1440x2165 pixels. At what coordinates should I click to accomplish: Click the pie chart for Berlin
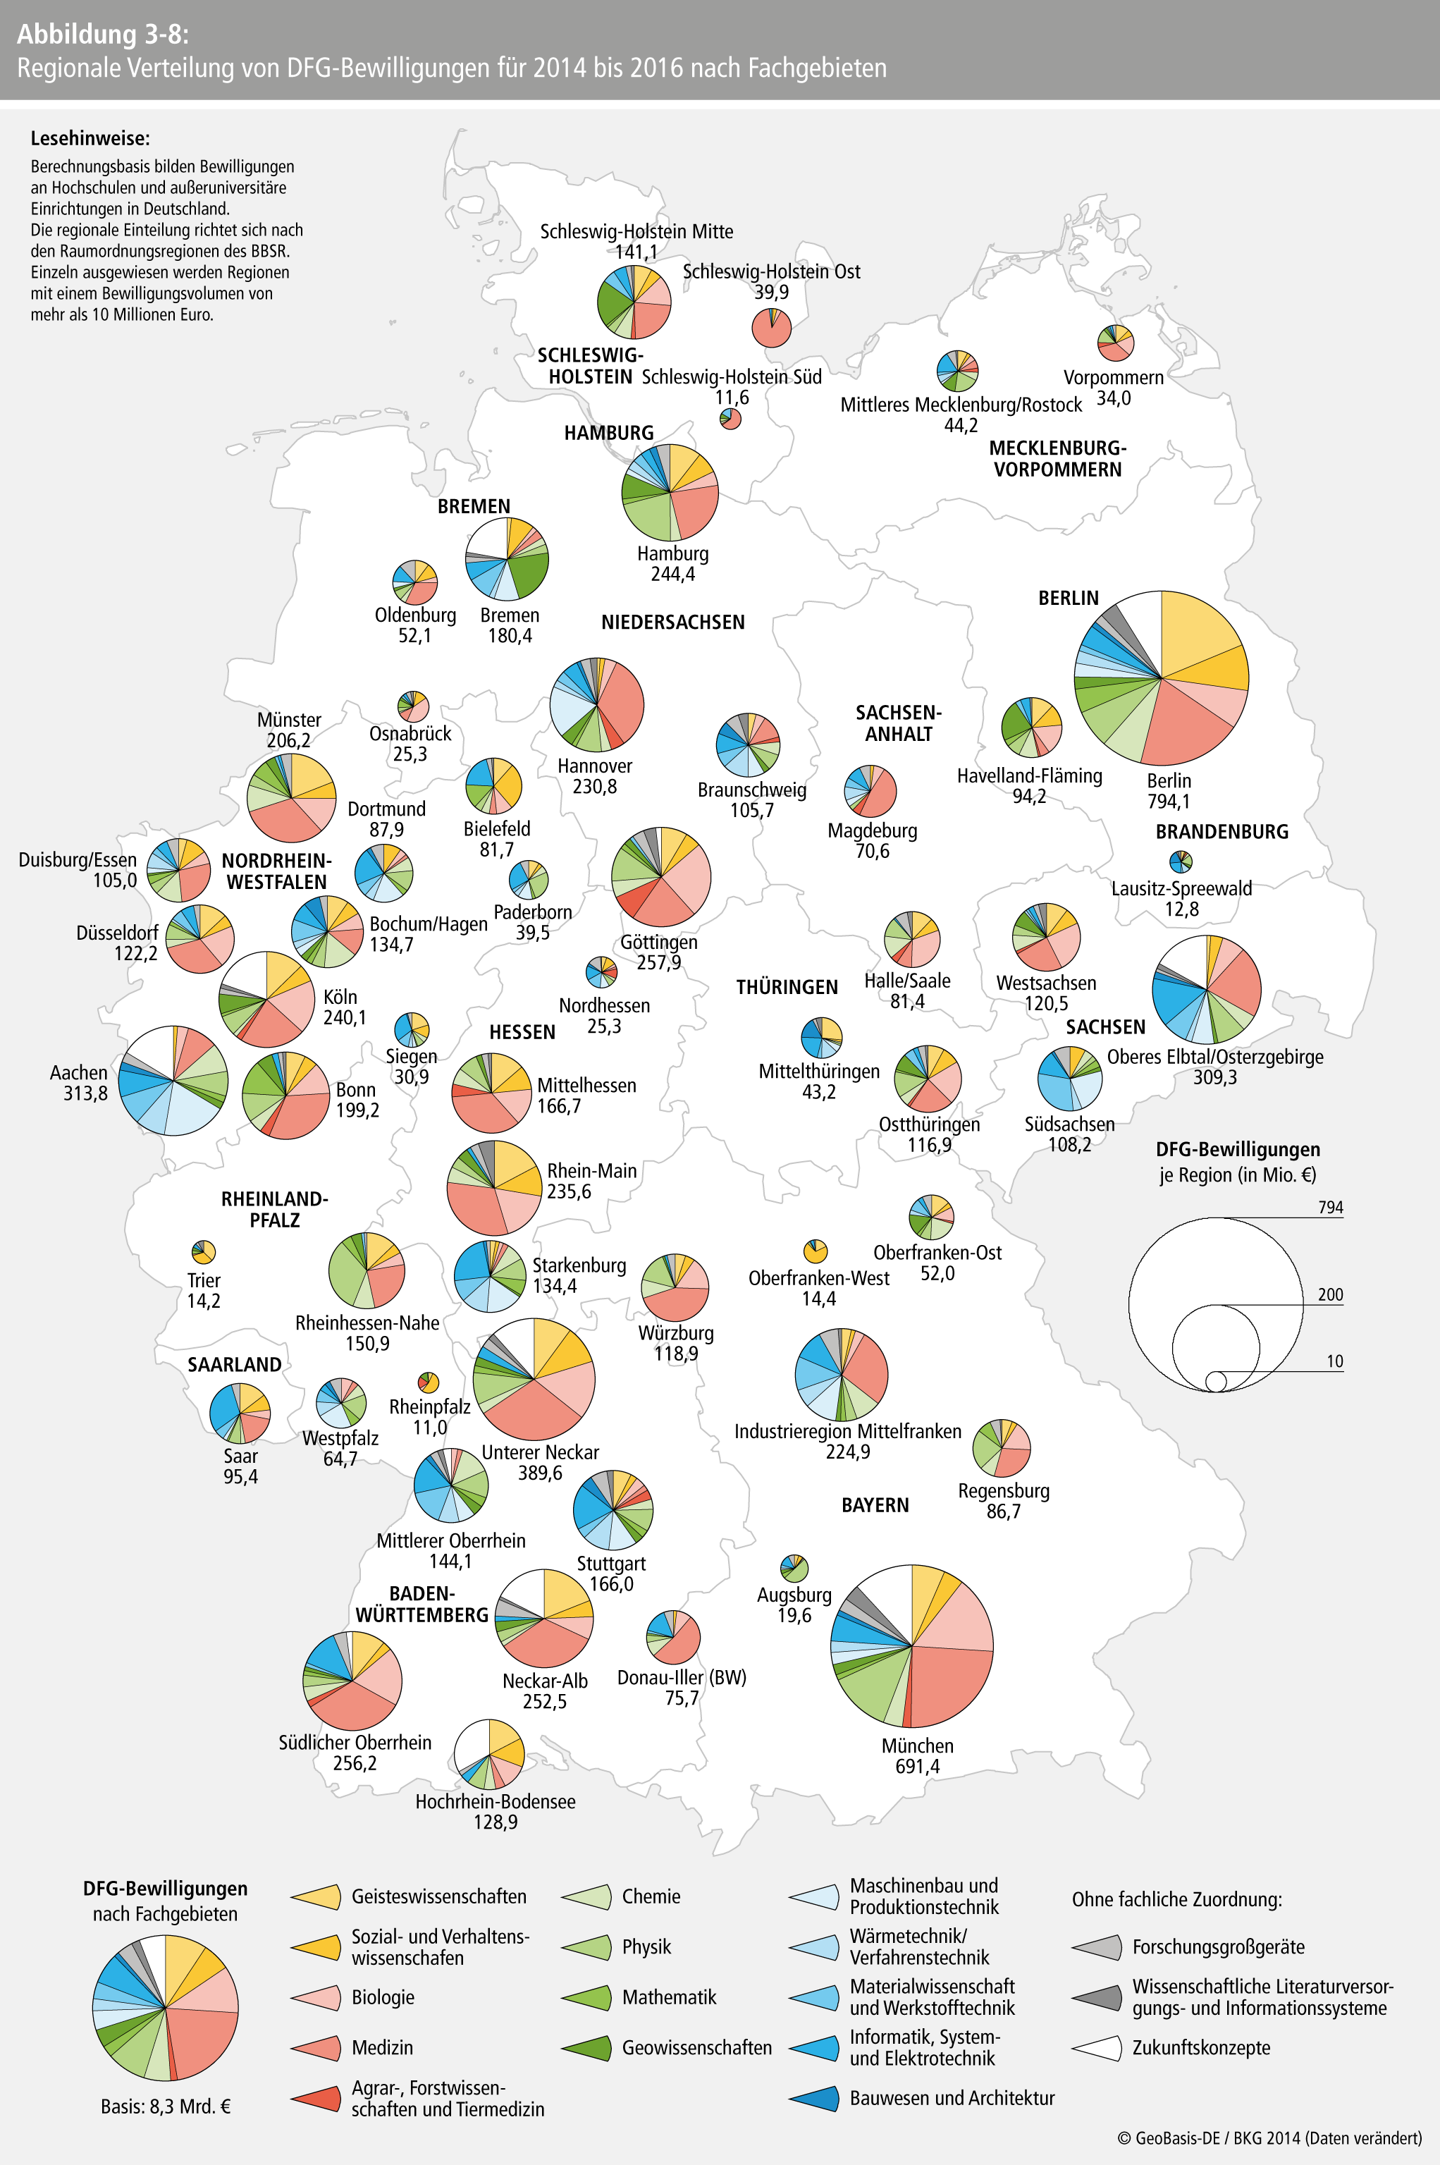[x=1161, y=678]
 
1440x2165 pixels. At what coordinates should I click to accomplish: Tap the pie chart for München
[x=912, y=1645]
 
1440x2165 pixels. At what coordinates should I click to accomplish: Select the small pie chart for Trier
[x=204, y=1251]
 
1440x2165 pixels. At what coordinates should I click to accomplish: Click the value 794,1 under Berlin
[x=1168, y=801]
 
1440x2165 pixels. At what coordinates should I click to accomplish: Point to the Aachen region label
[x=79, y=1072]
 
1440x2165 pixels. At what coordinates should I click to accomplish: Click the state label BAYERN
[x=875, y=1504]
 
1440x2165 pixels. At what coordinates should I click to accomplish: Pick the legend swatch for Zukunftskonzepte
[x=1097, y=2047]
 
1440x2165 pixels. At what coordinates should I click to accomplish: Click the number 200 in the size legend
[x=1331, y=1294]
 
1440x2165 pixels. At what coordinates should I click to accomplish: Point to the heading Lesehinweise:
[x=90, y=139]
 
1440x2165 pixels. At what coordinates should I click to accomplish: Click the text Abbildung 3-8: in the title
[x=103, y=34]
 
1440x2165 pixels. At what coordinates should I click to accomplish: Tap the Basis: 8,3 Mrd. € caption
[x=166, y=2106]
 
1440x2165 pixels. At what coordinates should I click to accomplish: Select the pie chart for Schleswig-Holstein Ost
[x=771, y=328]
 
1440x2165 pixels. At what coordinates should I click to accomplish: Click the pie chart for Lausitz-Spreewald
[x=1181, y=861]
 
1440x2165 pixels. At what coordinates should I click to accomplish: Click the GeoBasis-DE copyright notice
[x=1269, y=2138]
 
